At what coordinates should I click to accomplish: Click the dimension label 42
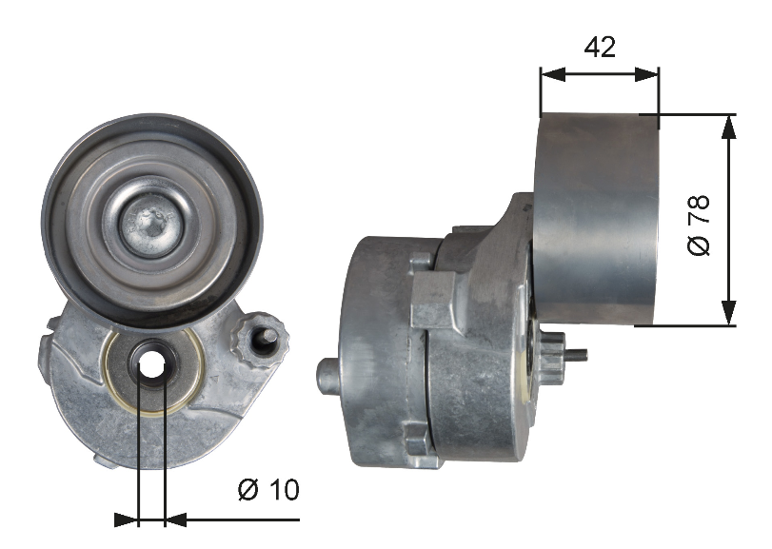click(600, 47)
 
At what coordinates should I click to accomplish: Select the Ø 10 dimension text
click(267, 490)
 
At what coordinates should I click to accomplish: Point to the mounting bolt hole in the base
click(151, 363)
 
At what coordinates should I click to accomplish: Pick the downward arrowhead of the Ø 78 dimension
click(729, 313)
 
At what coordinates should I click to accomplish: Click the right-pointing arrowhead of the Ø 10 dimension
click(127, 520)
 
